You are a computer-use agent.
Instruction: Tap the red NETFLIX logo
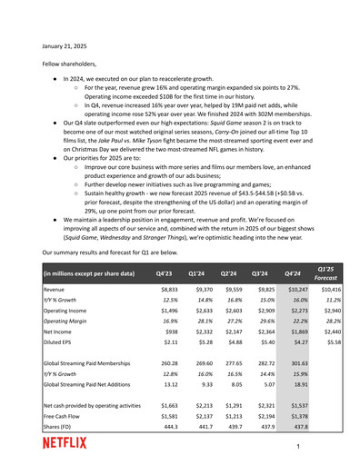65,443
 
